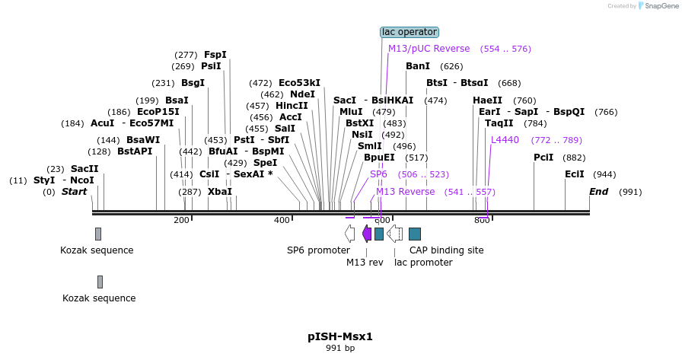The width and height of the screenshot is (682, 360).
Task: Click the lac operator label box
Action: tap(410, 32)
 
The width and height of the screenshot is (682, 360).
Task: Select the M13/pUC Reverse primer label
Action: tap(429, 49)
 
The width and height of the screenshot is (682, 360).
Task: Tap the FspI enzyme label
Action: tap(215, 55)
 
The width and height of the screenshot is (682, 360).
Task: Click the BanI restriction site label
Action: tap(418, 66)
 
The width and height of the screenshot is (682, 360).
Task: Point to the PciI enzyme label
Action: tap(543, 158)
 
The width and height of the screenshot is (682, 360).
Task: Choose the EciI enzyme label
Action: tap(574, 174)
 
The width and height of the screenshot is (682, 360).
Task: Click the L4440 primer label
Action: tap(505, 140)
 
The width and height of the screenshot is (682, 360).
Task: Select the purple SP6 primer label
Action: tap(378, 174)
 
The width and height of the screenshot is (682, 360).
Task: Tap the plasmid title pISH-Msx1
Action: tap(340, 336)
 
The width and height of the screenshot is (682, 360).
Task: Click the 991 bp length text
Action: tap(340, 349)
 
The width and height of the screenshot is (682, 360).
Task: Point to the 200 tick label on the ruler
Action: tap(181, 221)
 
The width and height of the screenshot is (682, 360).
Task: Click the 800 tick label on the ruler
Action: tap(482, 221)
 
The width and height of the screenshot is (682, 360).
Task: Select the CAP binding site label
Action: tap(446, 250)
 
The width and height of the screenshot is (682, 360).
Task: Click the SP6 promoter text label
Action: tap(318, 250)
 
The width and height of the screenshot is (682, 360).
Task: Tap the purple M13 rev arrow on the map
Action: tap(367, 233)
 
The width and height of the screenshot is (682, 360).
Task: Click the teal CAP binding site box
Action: tap(415, 234)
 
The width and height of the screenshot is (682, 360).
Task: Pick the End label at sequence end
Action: tap(599, 192)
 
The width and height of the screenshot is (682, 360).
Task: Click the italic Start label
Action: tap(75, 192)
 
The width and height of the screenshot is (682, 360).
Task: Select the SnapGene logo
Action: tap(655, 6)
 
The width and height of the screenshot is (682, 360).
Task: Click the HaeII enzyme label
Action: tap(487, 100)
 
